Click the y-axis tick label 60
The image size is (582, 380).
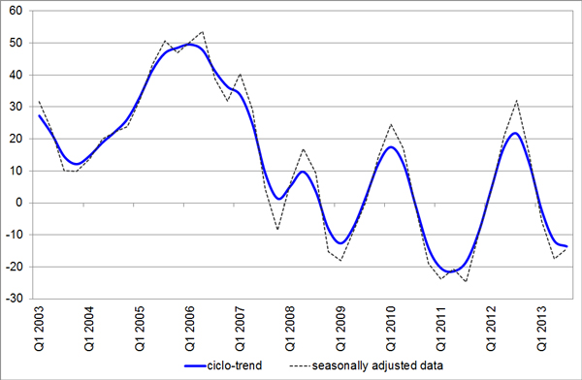coord(16,11)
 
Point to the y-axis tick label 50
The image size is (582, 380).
coord(16,43)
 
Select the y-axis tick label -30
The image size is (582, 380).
coord(15,299)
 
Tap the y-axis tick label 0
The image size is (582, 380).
coord(19,203)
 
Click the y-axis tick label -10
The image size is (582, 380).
coord(15,235)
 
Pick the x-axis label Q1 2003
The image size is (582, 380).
coord(39,329)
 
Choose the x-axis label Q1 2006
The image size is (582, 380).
coord(189,329)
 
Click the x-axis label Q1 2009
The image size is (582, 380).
coord(340,329)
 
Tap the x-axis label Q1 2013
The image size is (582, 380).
coord(541,329)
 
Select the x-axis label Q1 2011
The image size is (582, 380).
coord(440,329)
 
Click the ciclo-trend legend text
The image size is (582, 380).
coord(235,365)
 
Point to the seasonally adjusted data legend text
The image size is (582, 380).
coord(377,365)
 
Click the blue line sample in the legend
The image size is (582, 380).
coord(195,365)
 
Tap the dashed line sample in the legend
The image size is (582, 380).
coord(300,366)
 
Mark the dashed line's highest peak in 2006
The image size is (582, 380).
coord(202,32)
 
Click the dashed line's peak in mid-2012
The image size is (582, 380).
coord(516,101)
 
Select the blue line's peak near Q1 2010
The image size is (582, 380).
coord(391,147)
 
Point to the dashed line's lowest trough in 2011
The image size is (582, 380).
coord(466,281)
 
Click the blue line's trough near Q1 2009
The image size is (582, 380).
coord(340,243)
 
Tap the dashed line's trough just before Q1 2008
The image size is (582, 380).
coord(277,230)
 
